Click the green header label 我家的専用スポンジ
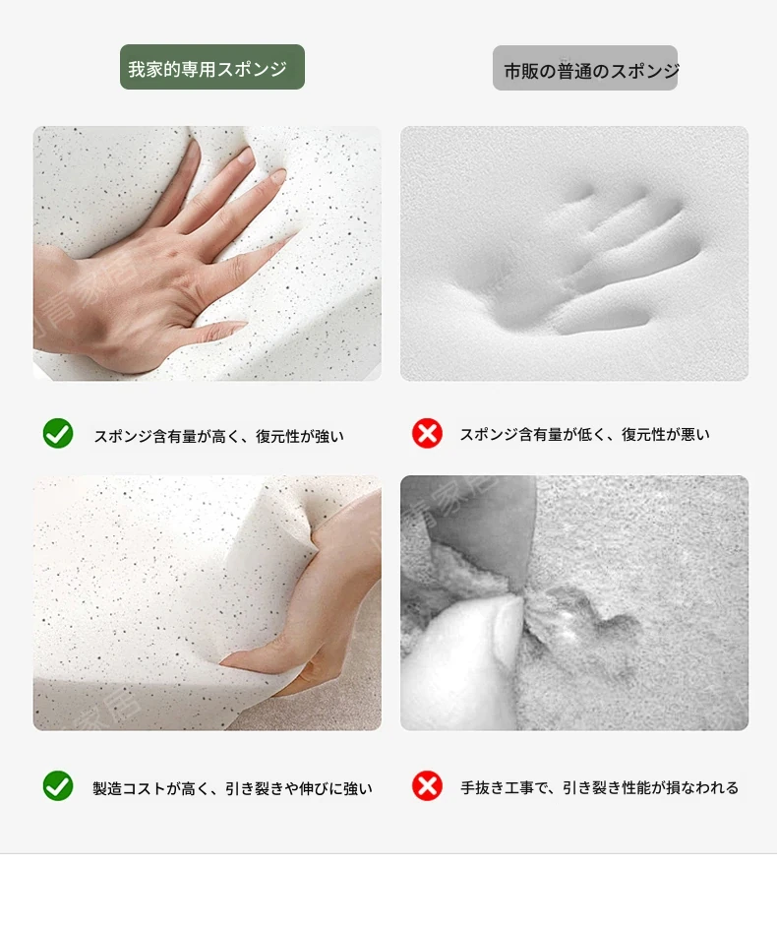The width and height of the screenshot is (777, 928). pyautogui.click(x=212, y=67)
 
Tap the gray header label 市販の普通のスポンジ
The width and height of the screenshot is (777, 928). pyautogui.click(x=585, y=68)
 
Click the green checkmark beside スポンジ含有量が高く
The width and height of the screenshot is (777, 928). pyautogui.click(x=58, y=433)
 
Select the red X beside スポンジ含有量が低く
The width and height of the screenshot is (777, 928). pyautogui.click(x=427, y=433)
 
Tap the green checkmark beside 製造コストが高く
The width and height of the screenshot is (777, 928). pyautogui.click(x=58, y=786)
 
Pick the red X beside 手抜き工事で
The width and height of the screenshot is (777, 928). pyautogui.click(x=427, y=786)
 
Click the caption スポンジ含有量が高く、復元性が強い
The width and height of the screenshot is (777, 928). pyautogui.click(x=218, y=436)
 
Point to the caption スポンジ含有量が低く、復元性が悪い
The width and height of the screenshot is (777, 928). pyautogui.click(x=585, y=434)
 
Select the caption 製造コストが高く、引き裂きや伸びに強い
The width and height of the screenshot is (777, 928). pyautogui.click(x=232, y=788)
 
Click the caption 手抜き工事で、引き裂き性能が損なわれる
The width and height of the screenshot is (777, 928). pyautogui.click(x=600, y=787)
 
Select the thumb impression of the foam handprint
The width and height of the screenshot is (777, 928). pyautogui.click(x=603, y=320)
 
